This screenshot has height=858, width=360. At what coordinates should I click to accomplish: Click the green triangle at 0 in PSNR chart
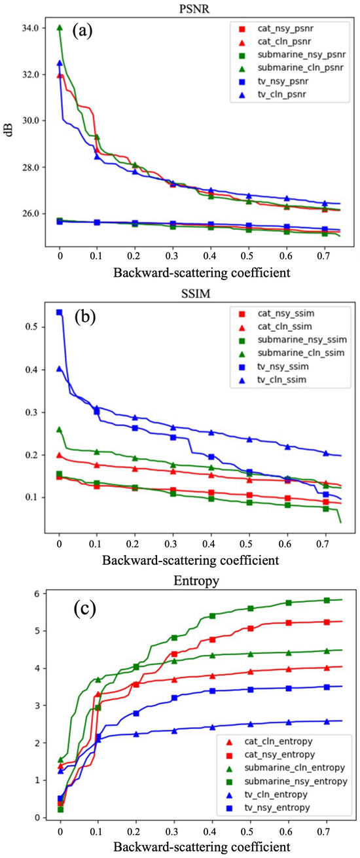point(60,28)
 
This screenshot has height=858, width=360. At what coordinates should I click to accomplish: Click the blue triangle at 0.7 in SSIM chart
point(326,453)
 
